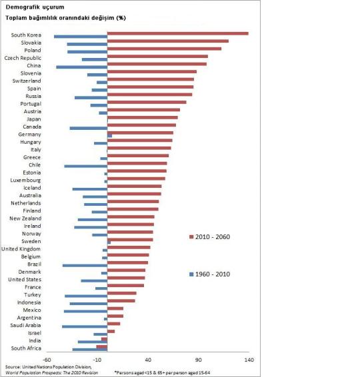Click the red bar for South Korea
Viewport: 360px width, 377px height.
pyautogui.click(x=177, y=33)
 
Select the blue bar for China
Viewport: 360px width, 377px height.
pyautogui.click(x=81, y=67)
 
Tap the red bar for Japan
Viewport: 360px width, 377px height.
pyautogui.click(x=143, y=117)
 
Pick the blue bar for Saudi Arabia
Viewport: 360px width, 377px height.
pyautogui.click(x=85, y=326)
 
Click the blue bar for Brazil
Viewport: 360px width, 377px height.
pyautogui.click(x=85, y=265)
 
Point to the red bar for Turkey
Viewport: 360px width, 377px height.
pyautogui.click(x=122, y=293)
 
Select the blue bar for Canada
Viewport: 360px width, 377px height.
pyautogui.click(x=88, y=128)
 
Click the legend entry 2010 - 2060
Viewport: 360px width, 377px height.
pyautogui.click(x=213, y=236)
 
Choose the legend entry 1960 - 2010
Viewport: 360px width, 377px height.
pyautogui.click(x=213, y=274)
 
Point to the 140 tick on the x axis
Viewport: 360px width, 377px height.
pyautogui.click(x=249, y=360)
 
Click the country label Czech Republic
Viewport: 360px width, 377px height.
pyautogui.click(x=23, y=58)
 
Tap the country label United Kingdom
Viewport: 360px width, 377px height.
pyautogui.click(x=21, y=248)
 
